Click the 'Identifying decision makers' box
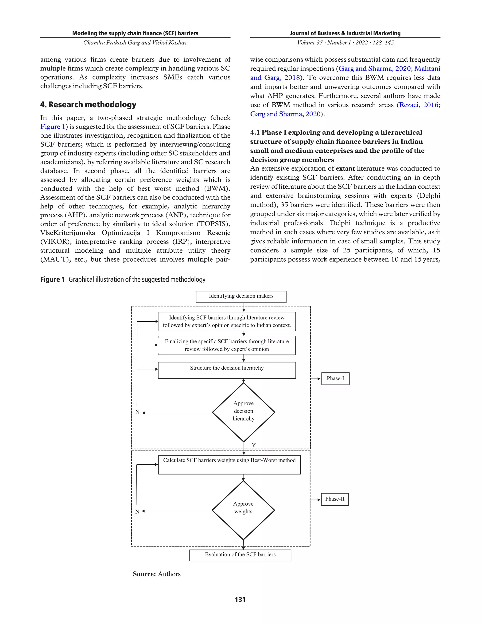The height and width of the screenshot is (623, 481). tap(241, 296)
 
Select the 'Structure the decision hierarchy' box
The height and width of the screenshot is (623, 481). tap(227, 370)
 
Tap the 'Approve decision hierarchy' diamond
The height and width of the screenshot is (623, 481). tap(244, 412)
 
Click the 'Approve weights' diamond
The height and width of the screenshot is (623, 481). tap(243, 510)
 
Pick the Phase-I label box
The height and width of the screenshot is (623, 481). tap(335, 379)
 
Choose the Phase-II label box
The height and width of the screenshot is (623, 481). tap(335, 499)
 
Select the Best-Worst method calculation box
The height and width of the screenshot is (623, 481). tap(229, 464)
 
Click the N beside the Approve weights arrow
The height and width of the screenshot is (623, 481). tap(137, 511)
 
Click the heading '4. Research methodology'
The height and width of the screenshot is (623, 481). tap(88, 104)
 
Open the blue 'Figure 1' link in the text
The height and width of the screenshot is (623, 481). tap(53, 127)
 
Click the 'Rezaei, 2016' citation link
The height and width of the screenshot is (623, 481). tap(418, 105)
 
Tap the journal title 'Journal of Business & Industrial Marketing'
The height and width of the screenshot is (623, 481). tap(345, 33)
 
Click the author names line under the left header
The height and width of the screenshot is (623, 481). tap(135, 43)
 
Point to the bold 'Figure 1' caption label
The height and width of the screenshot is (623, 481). tap(52, 279)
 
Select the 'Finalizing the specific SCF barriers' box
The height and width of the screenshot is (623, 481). tap(227, 345)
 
